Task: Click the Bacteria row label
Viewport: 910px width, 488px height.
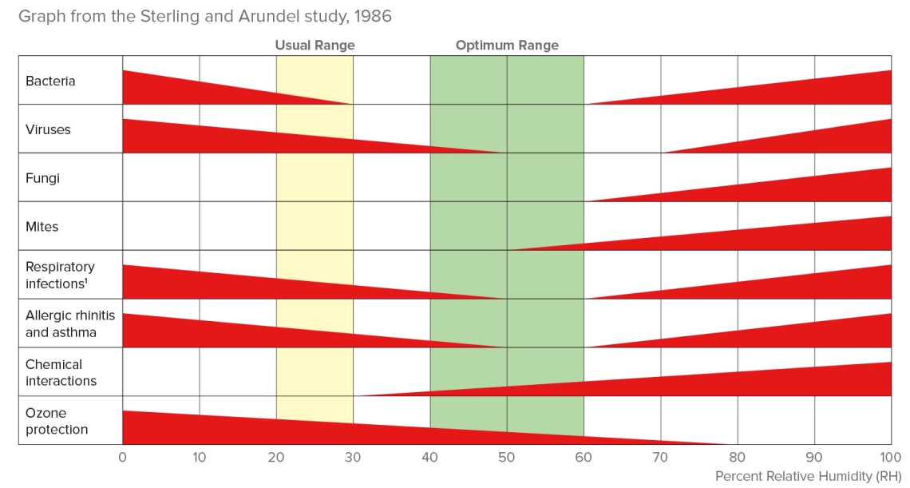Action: point(50,81)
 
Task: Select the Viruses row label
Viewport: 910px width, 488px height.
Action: point(48,129)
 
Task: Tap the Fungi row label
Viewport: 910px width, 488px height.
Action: point(42,178)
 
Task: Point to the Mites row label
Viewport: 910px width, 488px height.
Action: point(42,227)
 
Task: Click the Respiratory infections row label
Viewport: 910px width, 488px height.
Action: point(60,275)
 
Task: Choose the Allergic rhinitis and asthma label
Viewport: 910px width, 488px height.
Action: point(70,323)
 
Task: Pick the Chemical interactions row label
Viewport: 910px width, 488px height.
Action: point(61,372)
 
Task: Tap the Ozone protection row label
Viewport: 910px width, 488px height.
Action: point(57,421)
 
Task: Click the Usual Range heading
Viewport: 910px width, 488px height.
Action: point(315,46)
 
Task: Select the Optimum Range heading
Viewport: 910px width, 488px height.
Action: point(507,46)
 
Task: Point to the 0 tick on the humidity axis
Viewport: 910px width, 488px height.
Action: point(122,458)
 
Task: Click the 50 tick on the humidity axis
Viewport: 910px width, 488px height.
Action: point(507,458)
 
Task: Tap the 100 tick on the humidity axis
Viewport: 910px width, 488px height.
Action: point(890,458)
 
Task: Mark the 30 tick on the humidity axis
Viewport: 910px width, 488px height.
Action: point(353,458)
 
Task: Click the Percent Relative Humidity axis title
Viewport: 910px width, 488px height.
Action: point(808,476)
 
